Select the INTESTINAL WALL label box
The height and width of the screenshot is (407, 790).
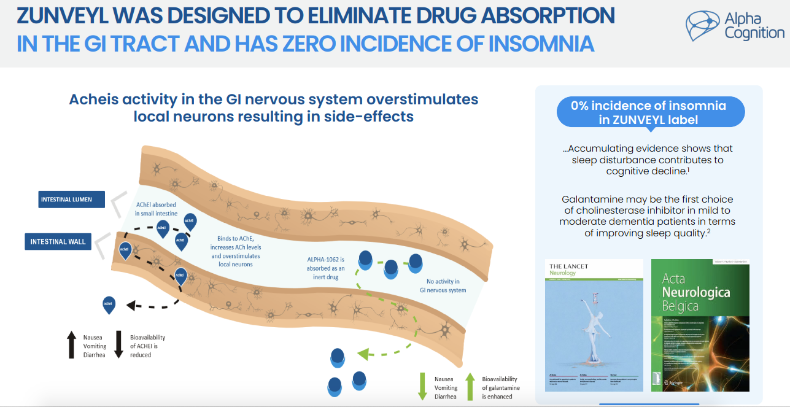pos(58,241)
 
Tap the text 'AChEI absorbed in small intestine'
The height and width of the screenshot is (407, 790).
pos(156,208)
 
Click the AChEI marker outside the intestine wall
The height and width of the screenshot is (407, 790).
pos(109,304)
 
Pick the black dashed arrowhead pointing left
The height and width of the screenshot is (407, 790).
pos(131,304)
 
